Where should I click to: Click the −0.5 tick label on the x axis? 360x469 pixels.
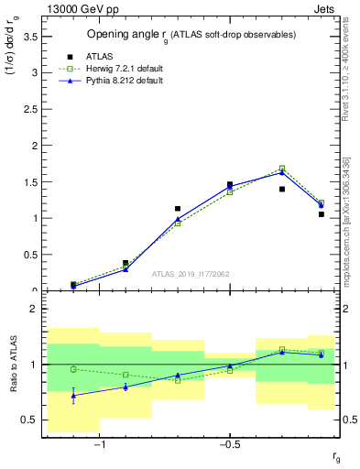[228, 444]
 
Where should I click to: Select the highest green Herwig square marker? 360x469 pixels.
[282, 169]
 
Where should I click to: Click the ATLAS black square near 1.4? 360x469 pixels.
[282, 190]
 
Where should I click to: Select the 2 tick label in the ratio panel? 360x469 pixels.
[33, 310]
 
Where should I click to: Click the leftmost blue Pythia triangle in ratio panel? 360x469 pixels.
[73, 396]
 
